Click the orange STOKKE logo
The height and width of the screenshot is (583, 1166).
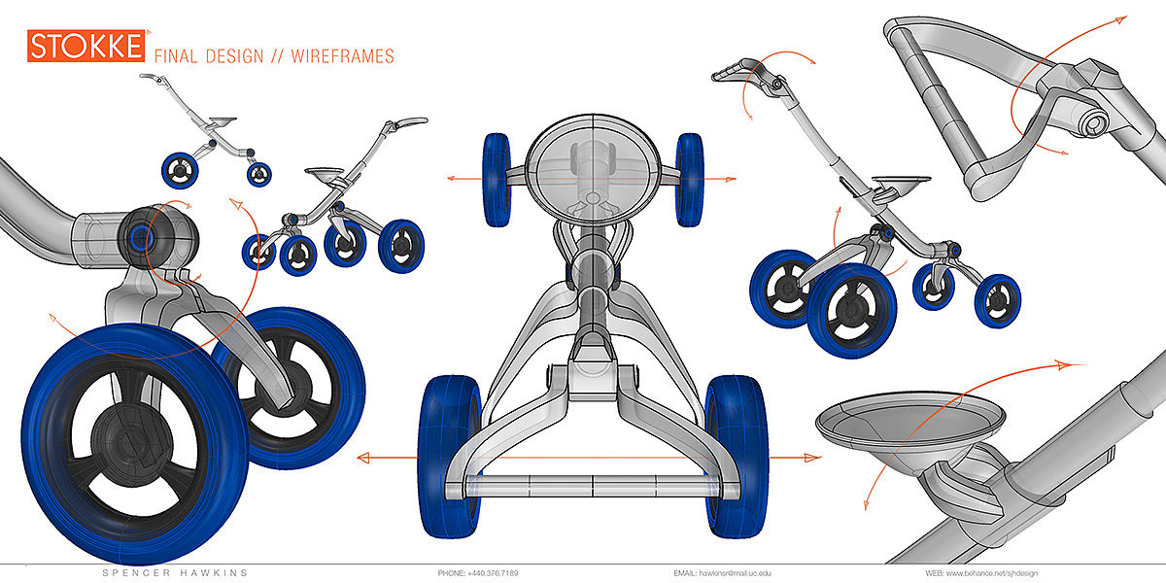point(86,46)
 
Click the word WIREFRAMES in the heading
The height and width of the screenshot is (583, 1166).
point(342,56)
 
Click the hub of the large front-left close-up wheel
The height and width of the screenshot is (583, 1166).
point(131,441)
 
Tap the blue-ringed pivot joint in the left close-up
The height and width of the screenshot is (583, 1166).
point(141,238)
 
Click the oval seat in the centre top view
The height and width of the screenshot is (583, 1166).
point(593,170)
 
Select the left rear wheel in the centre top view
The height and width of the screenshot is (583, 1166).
point(450,457)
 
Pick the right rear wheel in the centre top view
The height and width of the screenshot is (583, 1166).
point(737,457)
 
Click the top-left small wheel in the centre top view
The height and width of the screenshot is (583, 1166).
point(497,180)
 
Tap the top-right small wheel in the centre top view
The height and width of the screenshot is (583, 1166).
point(690,180)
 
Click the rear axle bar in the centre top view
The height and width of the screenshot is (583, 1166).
point(593,486)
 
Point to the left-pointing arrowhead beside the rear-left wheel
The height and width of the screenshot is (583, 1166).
point(363,458)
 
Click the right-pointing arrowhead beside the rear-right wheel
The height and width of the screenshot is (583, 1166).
point(812,458)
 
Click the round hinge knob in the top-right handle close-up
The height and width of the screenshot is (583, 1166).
point(1094,123)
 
